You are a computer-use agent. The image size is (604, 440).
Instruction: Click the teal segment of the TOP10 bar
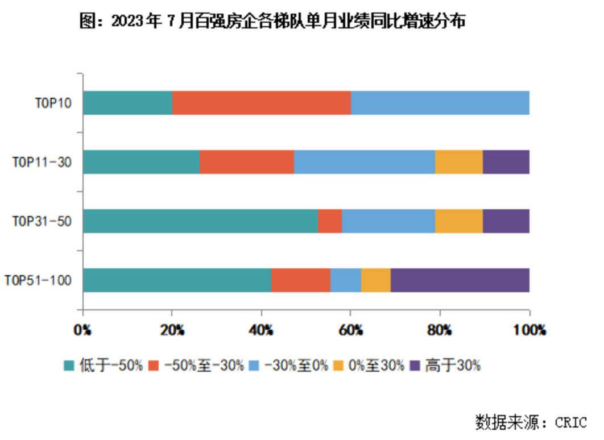(128, 103)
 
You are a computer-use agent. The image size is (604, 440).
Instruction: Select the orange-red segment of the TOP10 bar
(262, 103)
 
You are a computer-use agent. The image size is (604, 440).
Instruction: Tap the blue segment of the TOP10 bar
(440, 103)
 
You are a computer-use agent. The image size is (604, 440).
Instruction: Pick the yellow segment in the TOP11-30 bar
(459, 162)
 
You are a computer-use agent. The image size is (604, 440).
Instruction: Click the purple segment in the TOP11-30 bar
(506, 162)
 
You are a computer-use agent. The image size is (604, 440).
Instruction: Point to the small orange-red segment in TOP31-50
(330, 221)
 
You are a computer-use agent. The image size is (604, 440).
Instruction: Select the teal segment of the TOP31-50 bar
(200, 221)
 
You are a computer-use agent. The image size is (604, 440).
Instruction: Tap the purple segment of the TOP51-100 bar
(460, 280)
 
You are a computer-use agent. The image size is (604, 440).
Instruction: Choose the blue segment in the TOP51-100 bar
(346, 280)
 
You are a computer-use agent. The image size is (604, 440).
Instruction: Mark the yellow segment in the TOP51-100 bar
(376, 280)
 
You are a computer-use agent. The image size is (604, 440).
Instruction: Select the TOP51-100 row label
(39, 281)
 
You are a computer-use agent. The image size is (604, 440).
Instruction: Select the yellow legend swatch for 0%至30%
(338, 366)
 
